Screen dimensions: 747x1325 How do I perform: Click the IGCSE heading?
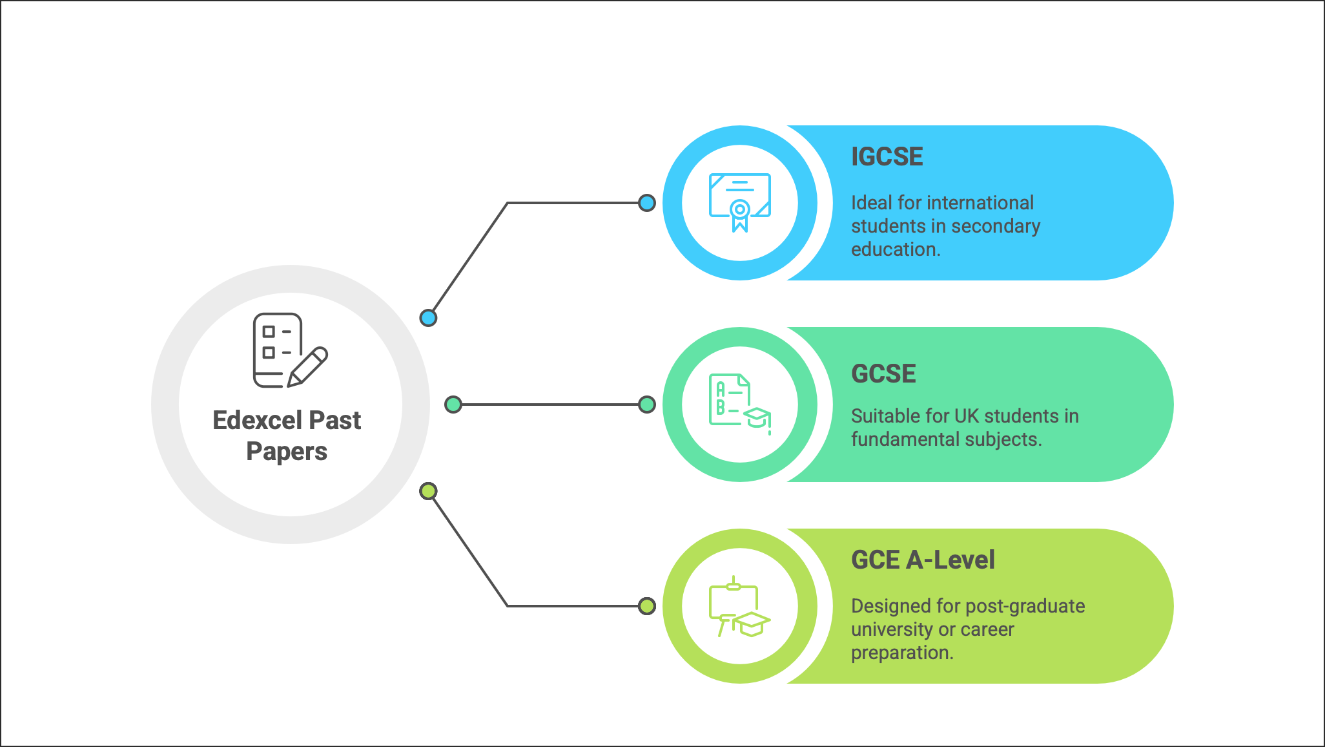click(x=887, y=157)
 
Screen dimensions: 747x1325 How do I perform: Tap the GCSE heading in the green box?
click(x=883, y=374)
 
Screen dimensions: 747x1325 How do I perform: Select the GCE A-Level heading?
click(x=923, y=560)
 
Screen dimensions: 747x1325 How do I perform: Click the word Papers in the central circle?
click(x=287, y=452)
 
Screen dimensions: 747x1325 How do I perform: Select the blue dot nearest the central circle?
click(x=428, y=318)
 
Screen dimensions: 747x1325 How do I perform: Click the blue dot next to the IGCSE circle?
click(x=646, y=203)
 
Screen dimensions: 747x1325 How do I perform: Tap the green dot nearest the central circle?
click(x=453, y=405)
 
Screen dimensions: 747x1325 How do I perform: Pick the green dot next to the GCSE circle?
click(x=646, y=405)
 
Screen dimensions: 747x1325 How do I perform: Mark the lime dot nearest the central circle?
click(x=428, y=491)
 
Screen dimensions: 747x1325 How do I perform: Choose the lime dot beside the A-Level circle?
click(x=646, y=606)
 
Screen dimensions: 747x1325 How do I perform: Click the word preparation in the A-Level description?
click(x=901, y=653)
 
